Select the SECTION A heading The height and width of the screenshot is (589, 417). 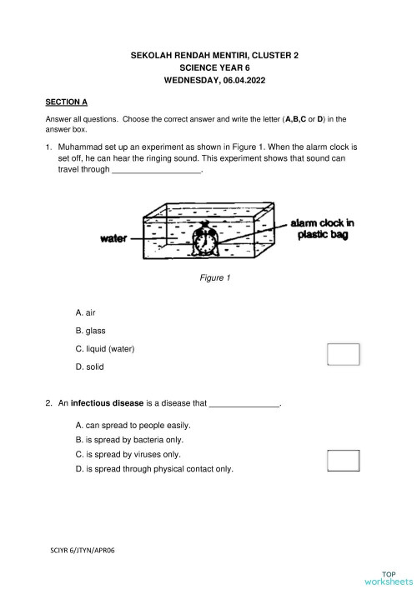tap(66, 102)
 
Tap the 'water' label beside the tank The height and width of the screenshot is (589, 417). tap(113, 238)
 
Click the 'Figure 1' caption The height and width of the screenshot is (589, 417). tap(214, 277)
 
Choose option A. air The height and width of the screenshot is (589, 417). tap(86, 312)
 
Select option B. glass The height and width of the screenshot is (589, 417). tap(90, 331)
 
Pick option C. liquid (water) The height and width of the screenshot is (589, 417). tap(104, 349)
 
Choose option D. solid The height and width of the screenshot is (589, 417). tap(89, 367)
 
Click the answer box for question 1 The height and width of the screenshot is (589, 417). tap(344, 354)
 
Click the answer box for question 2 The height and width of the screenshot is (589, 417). tap(344, 460)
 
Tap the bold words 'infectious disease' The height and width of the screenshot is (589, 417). tap(104, 403)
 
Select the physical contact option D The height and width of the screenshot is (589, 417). tap(154, 469)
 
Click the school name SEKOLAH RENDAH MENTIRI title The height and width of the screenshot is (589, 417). tap(214, 55)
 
